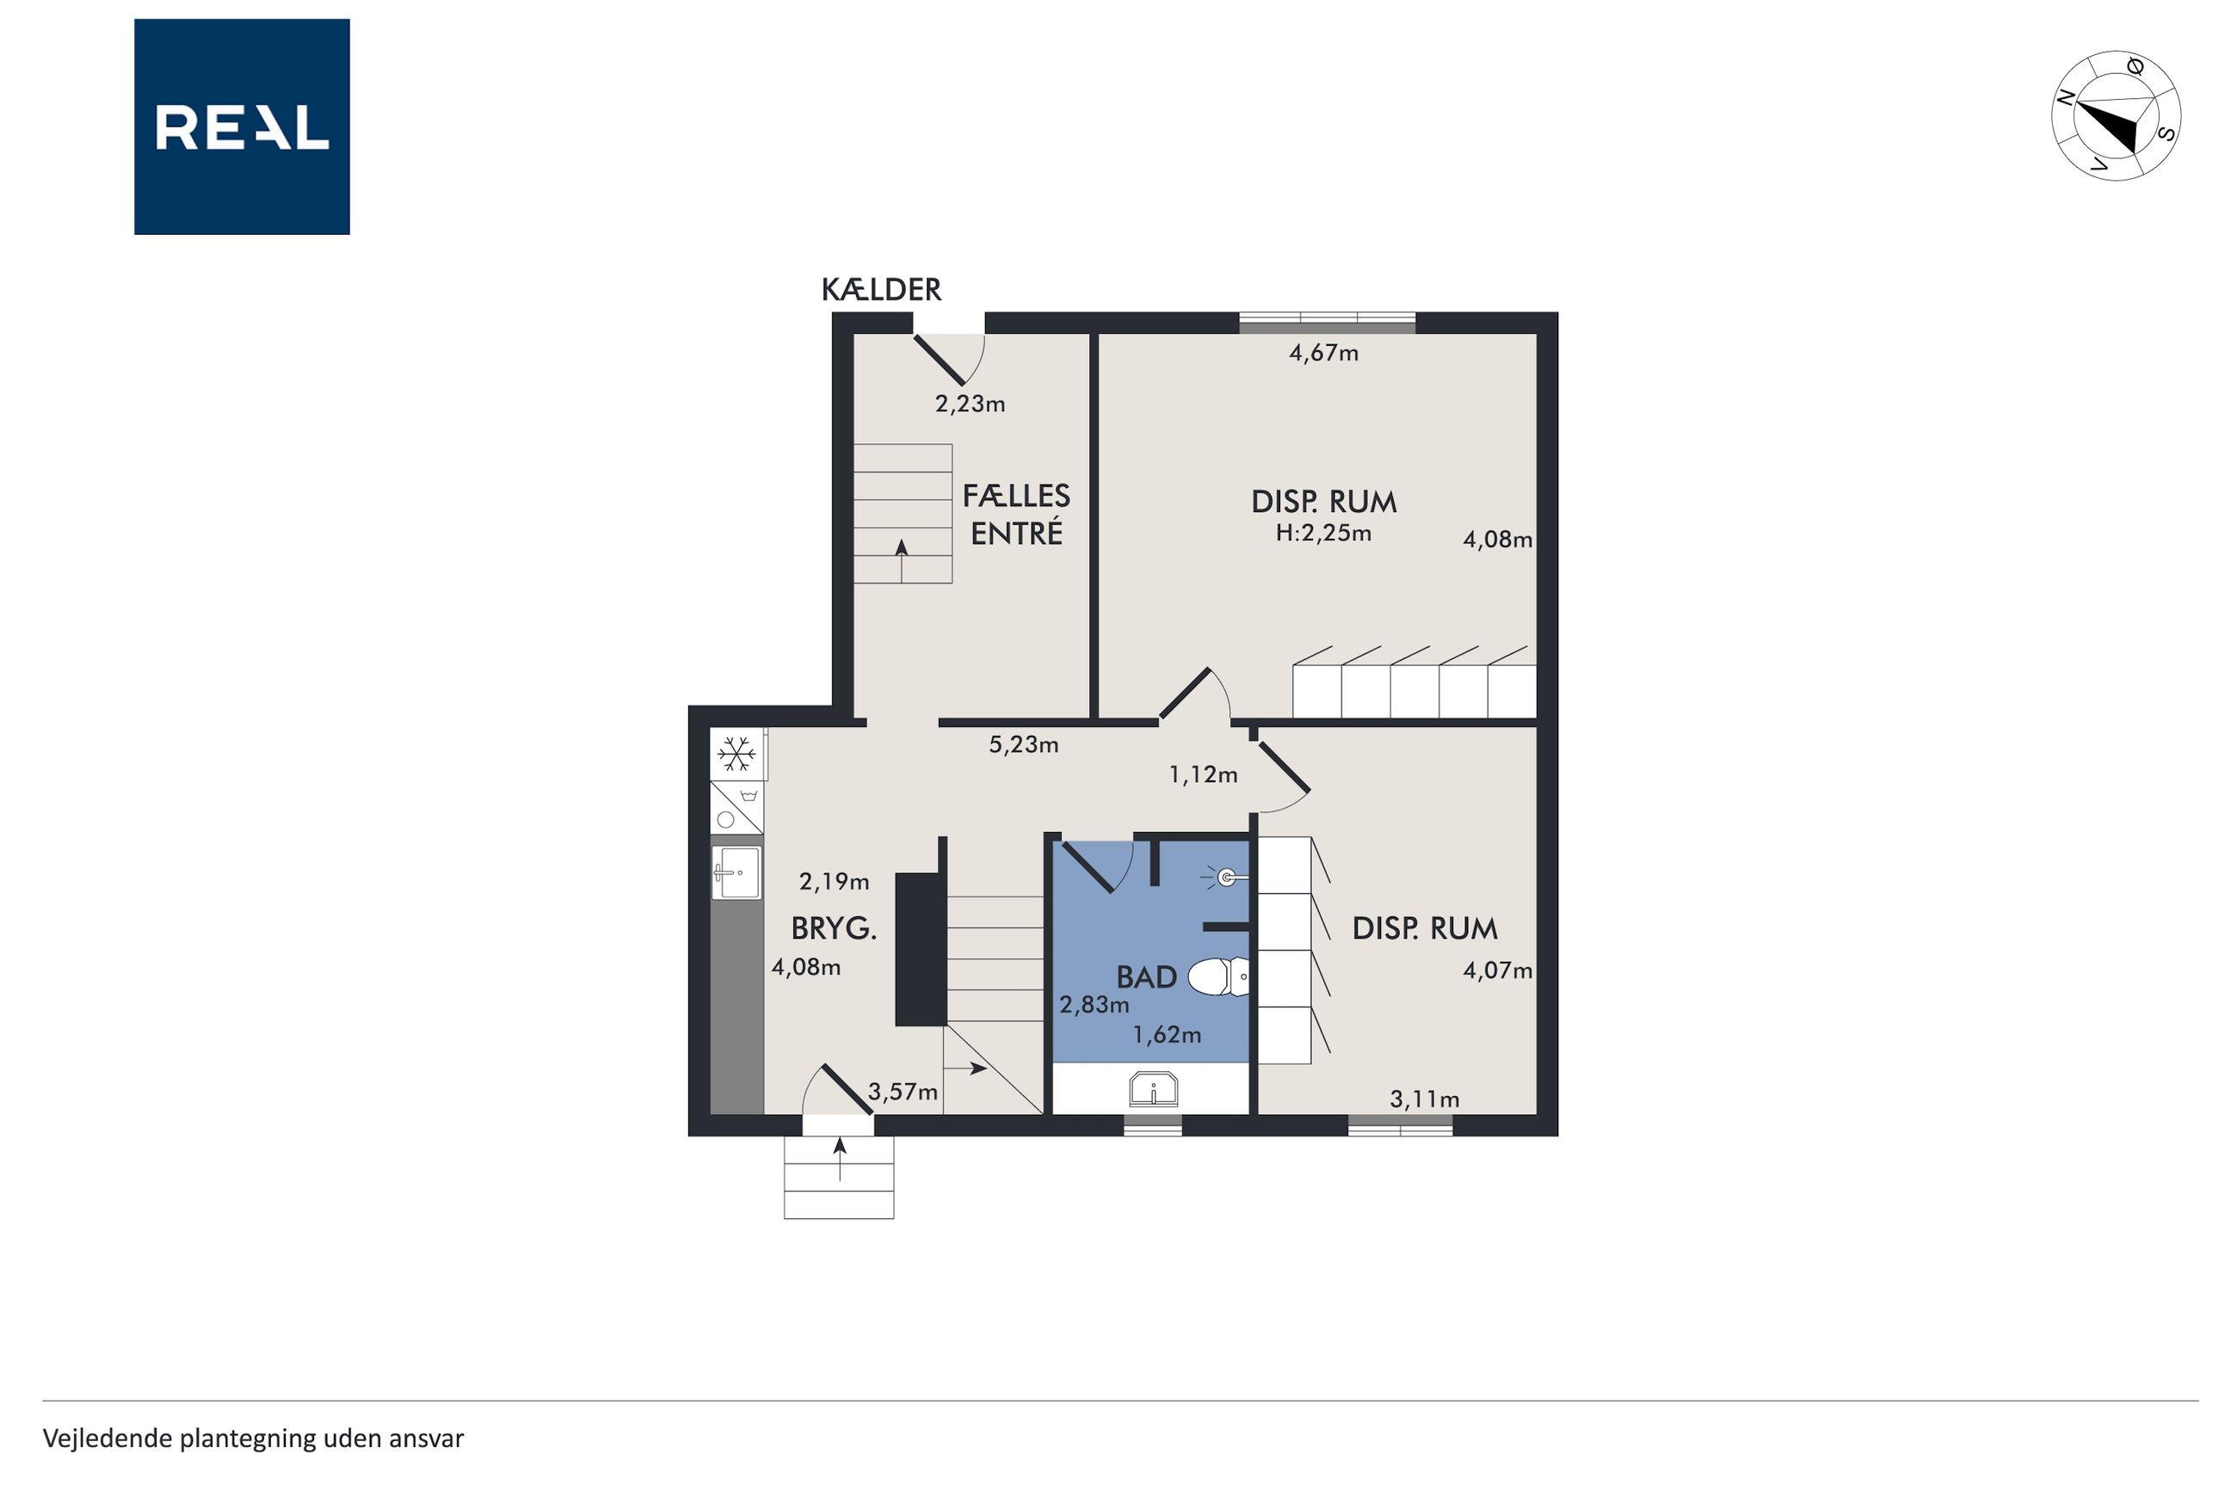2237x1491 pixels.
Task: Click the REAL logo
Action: (x=242, y=126)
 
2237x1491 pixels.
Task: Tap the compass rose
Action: (x=2116, y=115)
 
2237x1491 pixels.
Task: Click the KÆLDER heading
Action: (x=881, y=290)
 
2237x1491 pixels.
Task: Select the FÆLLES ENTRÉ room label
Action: (x=1016, y=514)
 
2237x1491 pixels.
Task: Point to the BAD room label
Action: (x=1147, y=977)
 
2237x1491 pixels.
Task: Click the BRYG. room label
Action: (x=834, y=928)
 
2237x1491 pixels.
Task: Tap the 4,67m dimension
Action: (x=1323, y=354)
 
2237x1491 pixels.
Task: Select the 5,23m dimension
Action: (x=1023, y=744)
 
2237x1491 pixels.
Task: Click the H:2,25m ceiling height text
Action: (x=1323, y=533)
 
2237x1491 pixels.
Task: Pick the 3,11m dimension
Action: (x=1424, y=1100)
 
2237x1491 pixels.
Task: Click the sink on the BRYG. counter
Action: (x=736, y=873)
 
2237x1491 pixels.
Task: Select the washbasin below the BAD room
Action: (x=1153, y=1088)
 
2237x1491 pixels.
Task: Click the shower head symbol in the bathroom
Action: (x=1224, y=877)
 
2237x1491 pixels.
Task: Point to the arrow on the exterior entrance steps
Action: (x=840, y=1158)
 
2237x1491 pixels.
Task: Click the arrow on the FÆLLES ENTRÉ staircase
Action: (x=902, y=561)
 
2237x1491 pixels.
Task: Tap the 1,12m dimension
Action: (x=1203, y=775)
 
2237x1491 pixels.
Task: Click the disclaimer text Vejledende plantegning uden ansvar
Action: (x=253, y=1439)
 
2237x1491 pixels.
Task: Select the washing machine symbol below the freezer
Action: (x=736, y=807)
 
